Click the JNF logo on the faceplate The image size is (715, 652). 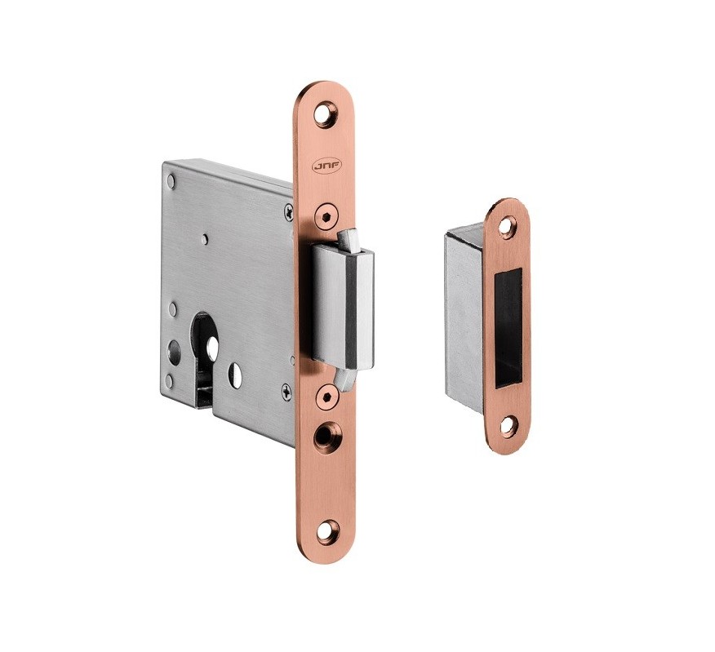pos(321,167)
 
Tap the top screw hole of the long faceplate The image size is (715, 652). pos(324,114)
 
